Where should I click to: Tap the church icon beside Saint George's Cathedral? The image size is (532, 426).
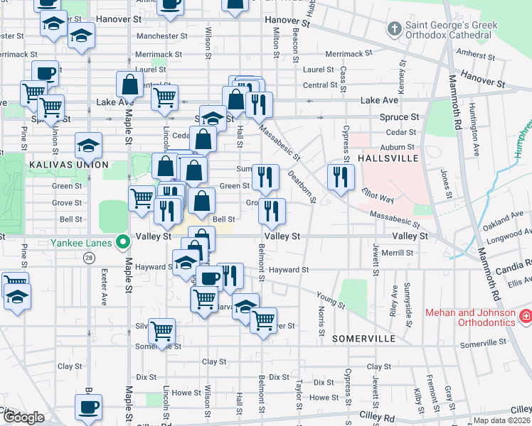pos(394,30)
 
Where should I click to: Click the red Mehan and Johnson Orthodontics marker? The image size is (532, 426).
pos(526,315)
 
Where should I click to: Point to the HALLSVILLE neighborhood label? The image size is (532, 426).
pos(388,158)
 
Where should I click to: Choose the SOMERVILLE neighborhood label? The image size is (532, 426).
pos(363,339)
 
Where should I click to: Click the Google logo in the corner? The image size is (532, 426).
pos(23,417)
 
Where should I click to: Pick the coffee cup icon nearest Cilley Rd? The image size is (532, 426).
pos(89,408)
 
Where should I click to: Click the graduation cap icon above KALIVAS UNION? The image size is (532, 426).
pos(88,146)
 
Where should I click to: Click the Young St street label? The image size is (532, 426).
pos(330,300)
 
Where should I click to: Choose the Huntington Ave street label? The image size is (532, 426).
pos(473,127)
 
